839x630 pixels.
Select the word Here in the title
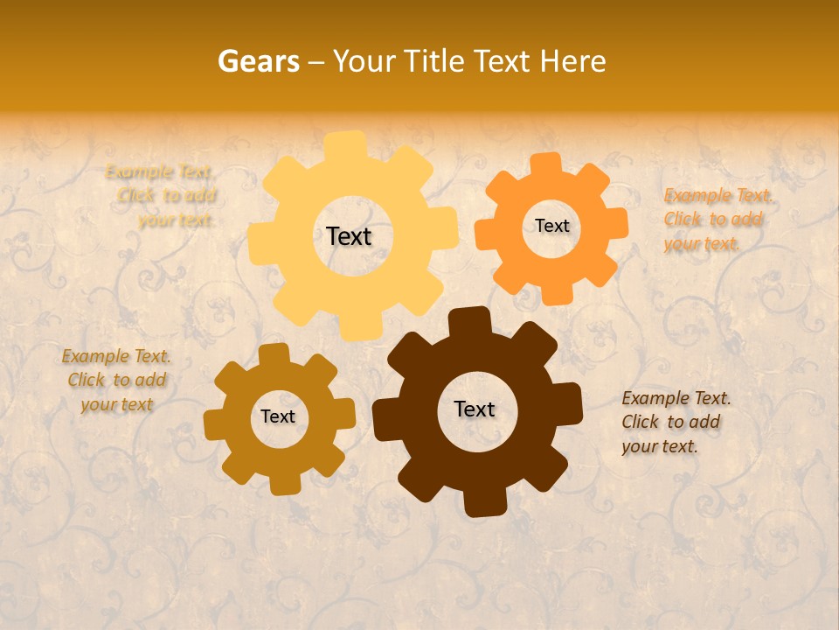[x=572, y=61]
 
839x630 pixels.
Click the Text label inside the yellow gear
[x=349, y=236]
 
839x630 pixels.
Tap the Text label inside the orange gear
[x=551, y=226]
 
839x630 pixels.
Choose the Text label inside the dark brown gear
[x=475, y=409]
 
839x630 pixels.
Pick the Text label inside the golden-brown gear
[x=278, y=416]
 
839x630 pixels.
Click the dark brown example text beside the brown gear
[x=676, y=422]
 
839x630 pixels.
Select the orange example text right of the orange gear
[x=718, y=219]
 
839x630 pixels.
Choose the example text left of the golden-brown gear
[x=116, y=380]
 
